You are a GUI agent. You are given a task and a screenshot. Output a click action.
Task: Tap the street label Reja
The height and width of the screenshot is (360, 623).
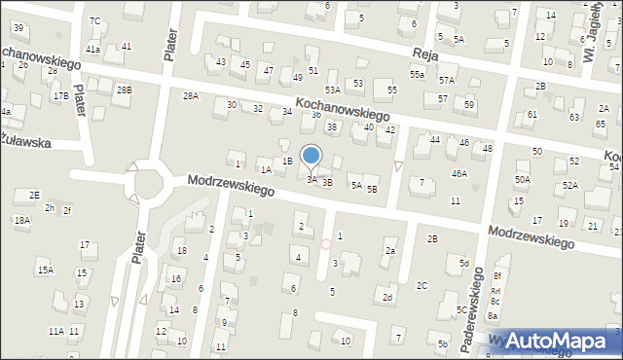(423, 54)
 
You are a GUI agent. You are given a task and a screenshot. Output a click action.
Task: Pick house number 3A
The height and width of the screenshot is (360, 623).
(311, 179)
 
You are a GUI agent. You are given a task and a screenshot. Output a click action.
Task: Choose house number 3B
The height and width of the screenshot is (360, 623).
(327, 182)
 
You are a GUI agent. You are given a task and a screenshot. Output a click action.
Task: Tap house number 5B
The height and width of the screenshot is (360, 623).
(371, 189)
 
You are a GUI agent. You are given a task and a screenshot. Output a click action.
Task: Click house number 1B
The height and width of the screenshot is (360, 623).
(287, 161)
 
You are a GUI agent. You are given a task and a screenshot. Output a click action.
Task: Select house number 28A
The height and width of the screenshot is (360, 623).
(191, 95)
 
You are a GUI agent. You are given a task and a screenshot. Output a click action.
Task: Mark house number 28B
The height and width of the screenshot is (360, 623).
(124, 90)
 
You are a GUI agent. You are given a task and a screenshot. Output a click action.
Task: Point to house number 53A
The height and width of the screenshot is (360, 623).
(333, 90)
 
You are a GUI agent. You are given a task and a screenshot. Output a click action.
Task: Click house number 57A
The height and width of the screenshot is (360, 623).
(447, 80)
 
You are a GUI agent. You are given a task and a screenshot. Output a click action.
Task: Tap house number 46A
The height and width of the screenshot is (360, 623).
(458, 173)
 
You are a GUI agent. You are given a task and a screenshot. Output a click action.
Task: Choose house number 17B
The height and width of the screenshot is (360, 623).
(60, 96)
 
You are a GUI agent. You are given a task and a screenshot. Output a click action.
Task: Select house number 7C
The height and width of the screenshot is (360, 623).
(94, 20)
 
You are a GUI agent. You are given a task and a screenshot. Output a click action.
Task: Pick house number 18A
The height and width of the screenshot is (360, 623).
(22, 221)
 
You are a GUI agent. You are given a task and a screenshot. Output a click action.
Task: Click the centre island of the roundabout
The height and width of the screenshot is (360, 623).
(149, 183)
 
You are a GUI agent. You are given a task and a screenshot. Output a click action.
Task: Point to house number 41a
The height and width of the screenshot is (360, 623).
(93, 49)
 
